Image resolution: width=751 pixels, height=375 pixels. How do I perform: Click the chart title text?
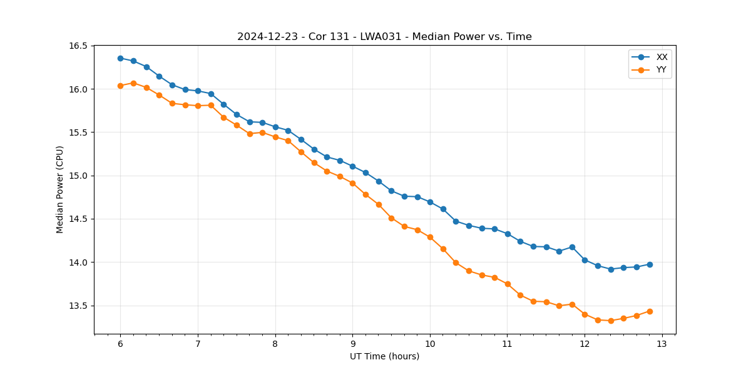pos(384,37)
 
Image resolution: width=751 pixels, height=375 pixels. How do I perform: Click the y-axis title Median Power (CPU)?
pos(60,189)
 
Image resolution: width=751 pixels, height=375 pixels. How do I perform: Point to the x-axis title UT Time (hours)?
pos(384,356)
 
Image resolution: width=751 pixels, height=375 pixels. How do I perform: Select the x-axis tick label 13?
pos(662,344)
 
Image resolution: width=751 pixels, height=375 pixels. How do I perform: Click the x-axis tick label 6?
pos(120,344)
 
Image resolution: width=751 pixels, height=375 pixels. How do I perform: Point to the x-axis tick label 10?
pos(430,344)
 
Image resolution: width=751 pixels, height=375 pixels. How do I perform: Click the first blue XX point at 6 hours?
pos(120,58)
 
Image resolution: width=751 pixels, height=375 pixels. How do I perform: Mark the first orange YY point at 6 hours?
pos(120,86)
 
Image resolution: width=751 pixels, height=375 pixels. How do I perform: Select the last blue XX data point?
pos(650,264)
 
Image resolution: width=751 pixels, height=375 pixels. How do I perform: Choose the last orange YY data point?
pos(650,311)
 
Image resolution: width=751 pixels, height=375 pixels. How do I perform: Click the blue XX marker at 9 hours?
pos(352,166)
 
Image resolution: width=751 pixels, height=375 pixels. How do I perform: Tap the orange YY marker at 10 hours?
pos(430,237)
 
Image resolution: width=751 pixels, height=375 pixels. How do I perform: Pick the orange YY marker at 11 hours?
pos(508,284)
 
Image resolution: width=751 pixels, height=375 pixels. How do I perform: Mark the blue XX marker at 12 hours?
pos(585,260)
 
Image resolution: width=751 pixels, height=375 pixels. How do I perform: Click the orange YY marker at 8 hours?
pos(275,137)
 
